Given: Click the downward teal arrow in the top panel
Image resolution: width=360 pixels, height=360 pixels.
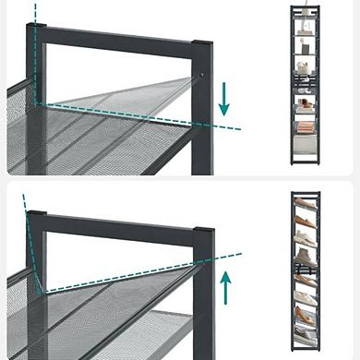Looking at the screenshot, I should pos(223,99).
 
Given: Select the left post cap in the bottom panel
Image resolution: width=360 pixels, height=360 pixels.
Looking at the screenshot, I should pos(36,218).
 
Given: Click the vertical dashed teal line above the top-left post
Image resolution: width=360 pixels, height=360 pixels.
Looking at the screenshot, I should pos(36,12).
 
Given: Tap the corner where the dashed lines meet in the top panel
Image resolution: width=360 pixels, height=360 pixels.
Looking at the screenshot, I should pos(38,102).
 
